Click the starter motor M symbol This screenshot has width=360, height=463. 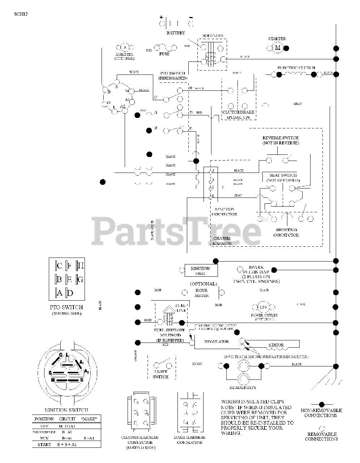(278, 48)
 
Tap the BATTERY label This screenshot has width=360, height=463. (176, 33)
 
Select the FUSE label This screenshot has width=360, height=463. (164, 54)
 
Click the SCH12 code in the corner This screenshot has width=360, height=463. (21, 14)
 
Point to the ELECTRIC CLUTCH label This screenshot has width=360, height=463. (296, 68)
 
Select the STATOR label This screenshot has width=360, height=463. (276, 345)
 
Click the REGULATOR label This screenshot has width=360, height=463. (217, 341)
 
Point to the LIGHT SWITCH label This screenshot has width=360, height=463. (160, 374)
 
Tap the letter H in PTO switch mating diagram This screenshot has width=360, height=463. (81, 266)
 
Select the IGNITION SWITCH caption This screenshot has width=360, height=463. (66, 410)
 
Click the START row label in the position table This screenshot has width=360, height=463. (44, 444)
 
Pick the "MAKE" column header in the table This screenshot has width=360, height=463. (90, 419)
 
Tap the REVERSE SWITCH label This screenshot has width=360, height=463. (280, 140)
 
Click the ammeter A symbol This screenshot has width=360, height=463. (124, 47)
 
